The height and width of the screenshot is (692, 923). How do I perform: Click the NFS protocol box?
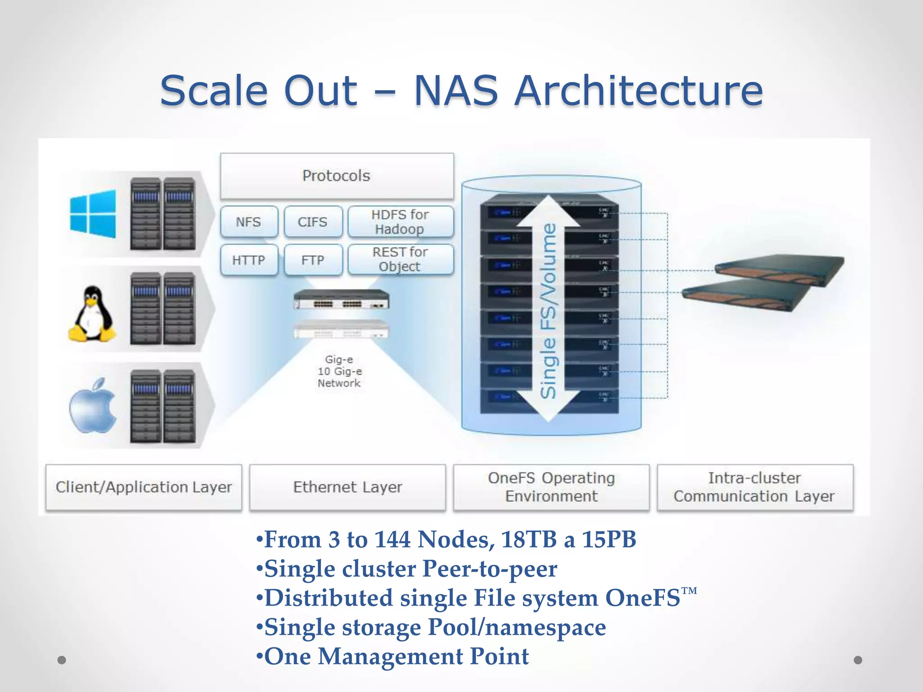[249, 222]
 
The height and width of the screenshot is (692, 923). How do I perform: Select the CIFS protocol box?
[313, 222]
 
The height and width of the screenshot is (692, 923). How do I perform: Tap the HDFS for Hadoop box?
[400, 222]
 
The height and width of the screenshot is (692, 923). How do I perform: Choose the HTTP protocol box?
[249, 260]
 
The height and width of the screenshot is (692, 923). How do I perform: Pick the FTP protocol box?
[313, 260]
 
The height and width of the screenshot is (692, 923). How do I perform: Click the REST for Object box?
[400, 259]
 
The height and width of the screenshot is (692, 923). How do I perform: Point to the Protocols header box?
[337, 176]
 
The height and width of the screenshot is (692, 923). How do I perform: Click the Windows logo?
[93, 214]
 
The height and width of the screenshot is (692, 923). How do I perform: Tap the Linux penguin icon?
[92, 314]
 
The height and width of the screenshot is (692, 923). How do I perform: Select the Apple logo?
[93, 406]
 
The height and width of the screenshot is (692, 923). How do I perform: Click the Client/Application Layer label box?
[144, 487]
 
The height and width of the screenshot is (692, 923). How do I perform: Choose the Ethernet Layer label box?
[347, 487]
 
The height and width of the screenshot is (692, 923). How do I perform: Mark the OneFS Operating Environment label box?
[551, 487]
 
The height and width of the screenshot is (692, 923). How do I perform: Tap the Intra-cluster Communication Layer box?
[754, 487]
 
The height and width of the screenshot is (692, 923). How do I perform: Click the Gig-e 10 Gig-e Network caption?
[339, 371]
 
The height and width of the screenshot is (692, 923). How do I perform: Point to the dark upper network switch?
[341, 300]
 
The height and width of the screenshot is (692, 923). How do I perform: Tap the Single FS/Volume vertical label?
[549, 311]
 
